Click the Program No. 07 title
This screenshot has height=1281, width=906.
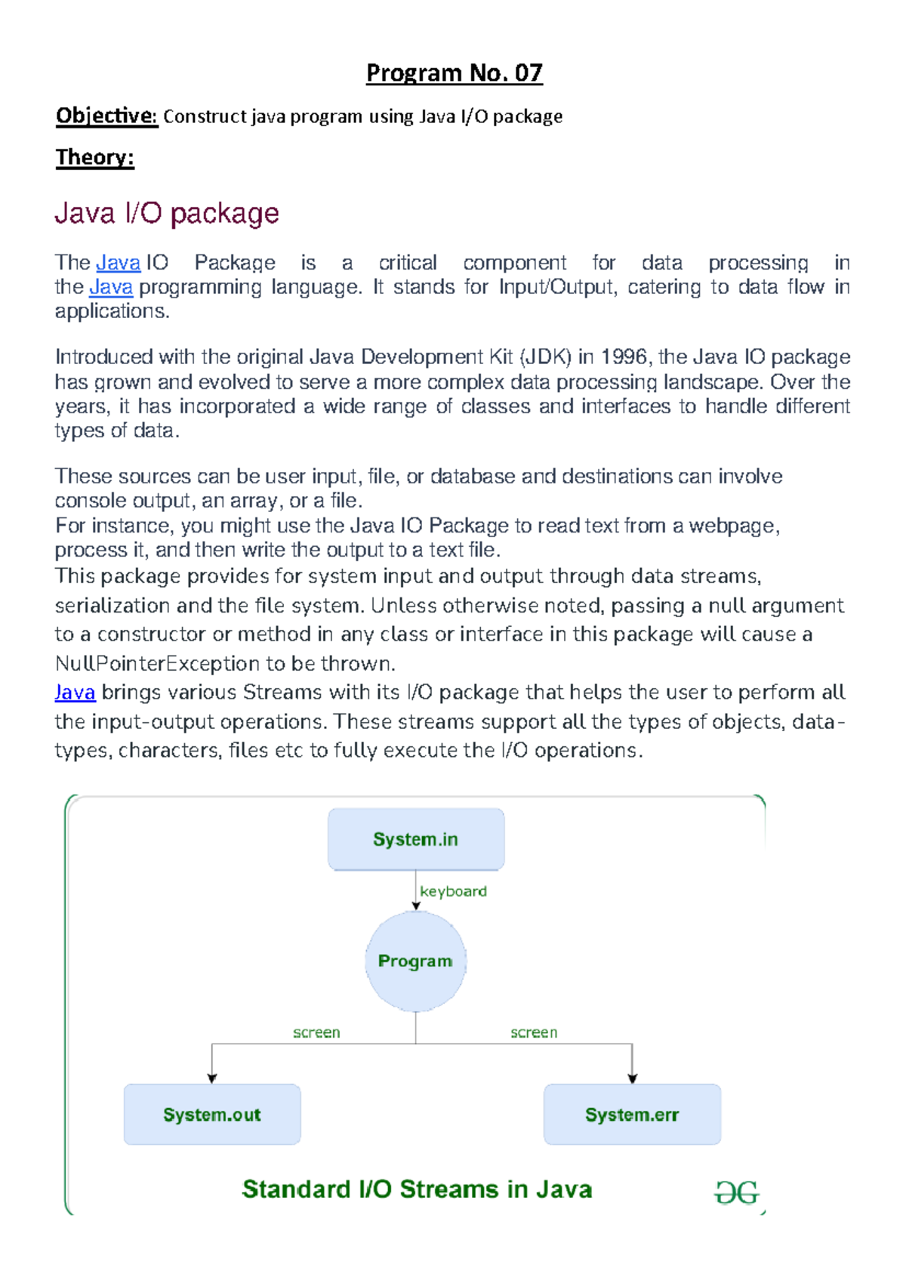(x=454, y=73)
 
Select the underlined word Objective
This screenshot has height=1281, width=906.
(x=106, y=116)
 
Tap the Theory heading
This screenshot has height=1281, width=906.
(x=94, y=157)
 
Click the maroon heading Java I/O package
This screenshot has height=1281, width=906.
(x=167, y=214)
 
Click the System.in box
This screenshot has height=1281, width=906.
(x=416, y=839)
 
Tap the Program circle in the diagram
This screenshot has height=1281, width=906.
(x=415, y=961)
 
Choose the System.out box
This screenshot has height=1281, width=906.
(x=212, y=1115)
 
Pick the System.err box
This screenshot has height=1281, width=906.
(x=632, y=1115)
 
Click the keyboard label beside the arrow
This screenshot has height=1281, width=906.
(x=453, y=891)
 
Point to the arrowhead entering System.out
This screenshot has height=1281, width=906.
(x=212, y=1079)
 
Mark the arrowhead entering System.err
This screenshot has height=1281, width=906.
(x=633, y=1079)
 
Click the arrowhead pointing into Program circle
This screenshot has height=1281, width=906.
(x=416, y=906)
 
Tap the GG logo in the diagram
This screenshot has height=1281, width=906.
(x=736, y=1193)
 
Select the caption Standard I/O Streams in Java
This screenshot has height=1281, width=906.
(x=417, y=1189)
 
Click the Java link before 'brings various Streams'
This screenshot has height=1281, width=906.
(x=75, y=693)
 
